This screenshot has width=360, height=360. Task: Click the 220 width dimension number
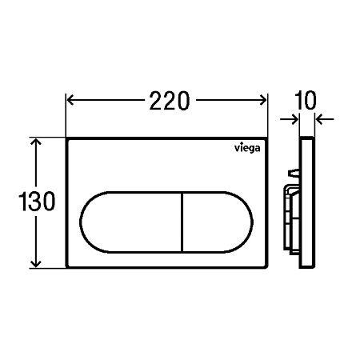click(170, 101)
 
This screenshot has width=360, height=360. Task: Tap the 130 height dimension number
click(37, 201)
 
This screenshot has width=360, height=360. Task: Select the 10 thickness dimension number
click(306, 100)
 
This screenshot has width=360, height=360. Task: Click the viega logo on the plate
click(247, 148)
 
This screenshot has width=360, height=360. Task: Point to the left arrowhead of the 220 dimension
click(70, 100)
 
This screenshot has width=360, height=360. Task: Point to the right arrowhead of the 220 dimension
click(263, 100)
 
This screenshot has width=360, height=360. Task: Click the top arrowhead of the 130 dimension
click(36, 142)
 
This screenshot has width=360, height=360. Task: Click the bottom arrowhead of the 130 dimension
click(36, 264)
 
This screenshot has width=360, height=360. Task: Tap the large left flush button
click(130, 222)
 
